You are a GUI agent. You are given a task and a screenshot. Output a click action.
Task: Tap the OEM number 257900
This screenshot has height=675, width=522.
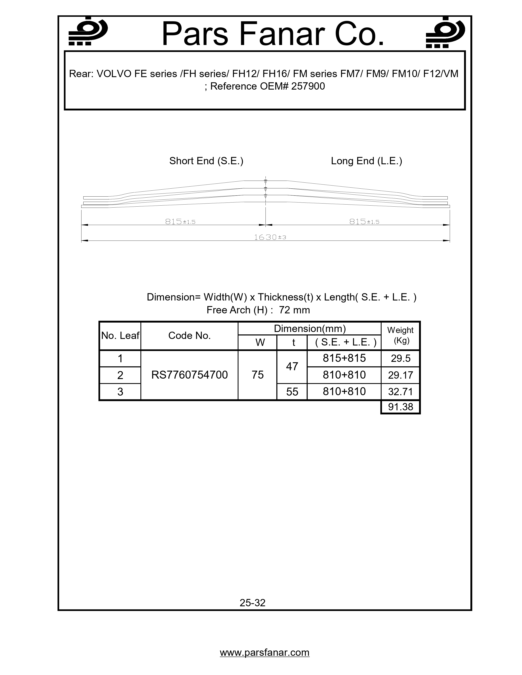[308, 86]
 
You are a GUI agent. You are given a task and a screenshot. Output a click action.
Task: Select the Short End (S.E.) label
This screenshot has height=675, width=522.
[206, 161]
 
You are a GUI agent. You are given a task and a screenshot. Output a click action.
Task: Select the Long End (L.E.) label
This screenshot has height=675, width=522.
[366, 161]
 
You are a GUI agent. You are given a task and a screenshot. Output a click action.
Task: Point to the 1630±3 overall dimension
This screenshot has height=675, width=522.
[270, 237]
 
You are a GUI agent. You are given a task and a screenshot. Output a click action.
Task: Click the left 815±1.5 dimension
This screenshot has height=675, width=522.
[180, 222]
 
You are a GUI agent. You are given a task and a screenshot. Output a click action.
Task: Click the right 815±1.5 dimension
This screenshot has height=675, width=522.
[364, 222]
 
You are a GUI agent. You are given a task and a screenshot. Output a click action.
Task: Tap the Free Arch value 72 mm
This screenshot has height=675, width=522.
[294, 310]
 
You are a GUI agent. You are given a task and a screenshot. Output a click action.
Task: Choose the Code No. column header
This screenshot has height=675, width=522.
[189, 336]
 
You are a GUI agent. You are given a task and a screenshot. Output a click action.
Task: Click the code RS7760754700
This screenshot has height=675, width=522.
[189, 375]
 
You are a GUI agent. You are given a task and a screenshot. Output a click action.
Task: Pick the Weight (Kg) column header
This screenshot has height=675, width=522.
[400, 335]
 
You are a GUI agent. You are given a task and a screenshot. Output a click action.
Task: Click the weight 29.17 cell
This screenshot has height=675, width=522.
[400, 375]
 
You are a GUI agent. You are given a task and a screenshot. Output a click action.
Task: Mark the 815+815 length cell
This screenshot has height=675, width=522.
[344, 358]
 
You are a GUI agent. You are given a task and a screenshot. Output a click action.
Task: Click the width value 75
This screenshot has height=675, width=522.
[257, 375]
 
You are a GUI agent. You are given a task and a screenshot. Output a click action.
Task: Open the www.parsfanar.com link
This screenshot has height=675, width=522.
[264, 652]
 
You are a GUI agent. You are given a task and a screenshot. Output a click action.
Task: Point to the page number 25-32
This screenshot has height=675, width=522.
[252, 603]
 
